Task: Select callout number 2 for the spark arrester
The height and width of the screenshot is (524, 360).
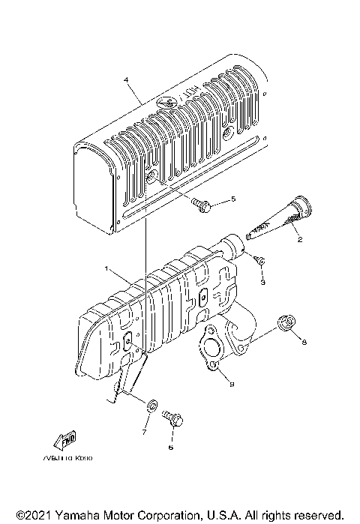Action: point(299,241)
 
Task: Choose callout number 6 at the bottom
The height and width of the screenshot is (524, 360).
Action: point(170,447)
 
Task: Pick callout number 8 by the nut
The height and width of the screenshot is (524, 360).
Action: point(304,343)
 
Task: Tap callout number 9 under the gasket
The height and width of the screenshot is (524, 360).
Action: point(232,384)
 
